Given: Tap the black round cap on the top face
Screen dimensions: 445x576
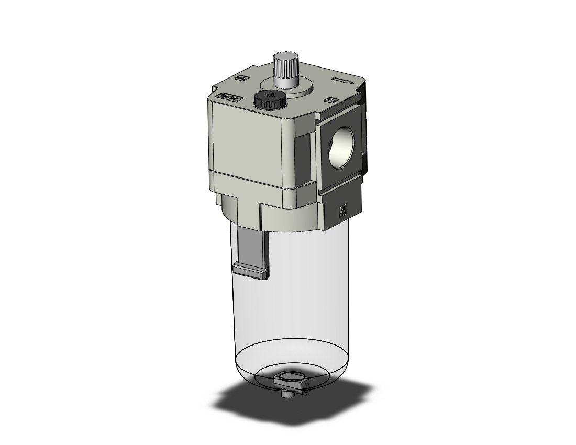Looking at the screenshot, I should coord(269,98).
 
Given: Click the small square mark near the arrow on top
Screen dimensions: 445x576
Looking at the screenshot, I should coord(330,99).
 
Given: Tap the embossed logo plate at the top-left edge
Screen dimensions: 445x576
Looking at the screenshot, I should coord(229,97).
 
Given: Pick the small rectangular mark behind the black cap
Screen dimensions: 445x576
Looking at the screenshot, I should coord(242,79).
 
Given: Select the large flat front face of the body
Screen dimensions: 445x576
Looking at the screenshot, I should coord(246,141).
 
